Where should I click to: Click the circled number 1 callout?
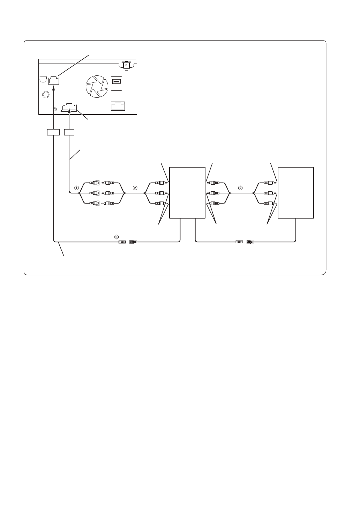(x=76, y=187)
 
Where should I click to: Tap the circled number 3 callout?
(x=117, y=236)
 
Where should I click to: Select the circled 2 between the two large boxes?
(x=240, y=187)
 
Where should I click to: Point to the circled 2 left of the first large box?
(x=135, y=187)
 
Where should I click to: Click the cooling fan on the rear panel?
(x=95, y=86)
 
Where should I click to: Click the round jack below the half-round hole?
(x=45, y=94)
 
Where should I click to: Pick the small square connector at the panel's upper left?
(x=53, y=80)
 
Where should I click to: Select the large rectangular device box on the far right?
(x=295, y=193)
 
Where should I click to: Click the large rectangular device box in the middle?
(x=187, y=193)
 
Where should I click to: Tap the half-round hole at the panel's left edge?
(x=43, y=79)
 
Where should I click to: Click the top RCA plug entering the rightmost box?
(x=269, y=182)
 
